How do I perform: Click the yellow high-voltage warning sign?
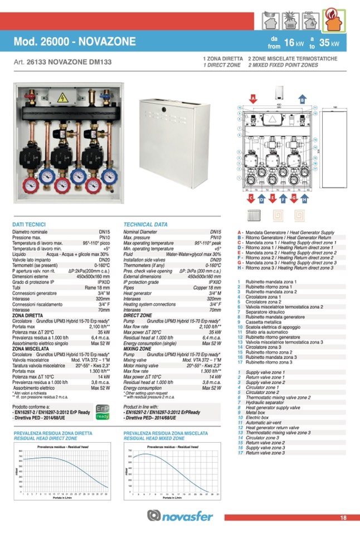[63, 97]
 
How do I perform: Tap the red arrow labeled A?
[253, 99]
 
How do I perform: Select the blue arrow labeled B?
[303, 99]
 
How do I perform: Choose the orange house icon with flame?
[333, 23]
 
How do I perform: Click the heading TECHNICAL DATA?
[145, 224]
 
